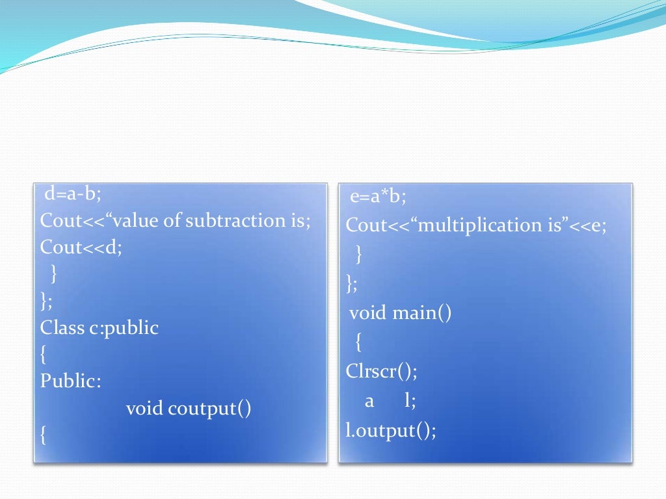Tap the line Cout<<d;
point(81,248)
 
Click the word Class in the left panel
point(62,327)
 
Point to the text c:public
point(124,328)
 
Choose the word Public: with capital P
point(71,381)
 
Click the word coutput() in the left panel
point(209,409)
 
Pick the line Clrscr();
point(381,372)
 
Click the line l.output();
point(391,430)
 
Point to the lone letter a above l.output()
point(369,402)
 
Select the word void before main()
point(368,314)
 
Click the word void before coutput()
point(144,409)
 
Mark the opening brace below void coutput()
point(43,435)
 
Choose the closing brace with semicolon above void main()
point(352,283)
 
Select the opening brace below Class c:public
point(43,355)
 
